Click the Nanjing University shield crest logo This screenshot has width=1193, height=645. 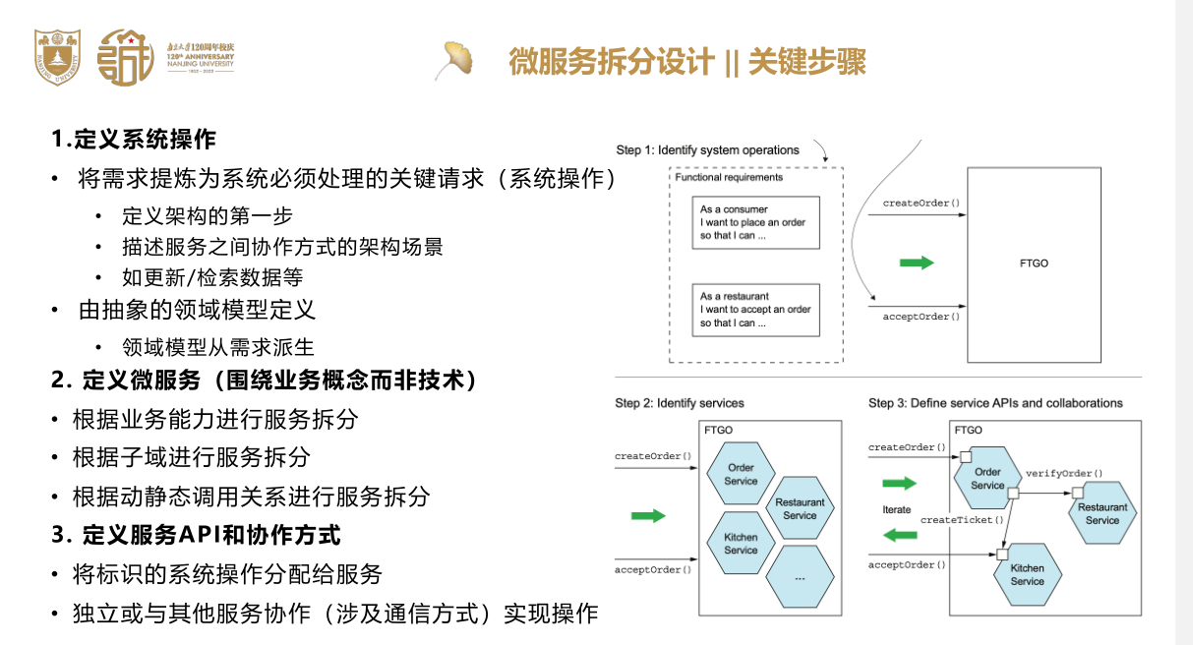[57, 57]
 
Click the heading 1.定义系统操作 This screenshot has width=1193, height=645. [134, 139]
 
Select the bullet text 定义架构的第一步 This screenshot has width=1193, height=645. [208, 215]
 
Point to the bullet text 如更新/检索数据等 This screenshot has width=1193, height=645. [212, 277]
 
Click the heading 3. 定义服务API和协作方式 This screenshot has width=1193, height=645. [196, 535]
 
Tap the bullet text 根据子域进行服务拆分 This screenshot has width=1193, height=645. [192, 457]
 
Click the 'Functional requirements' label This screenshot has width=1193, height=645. [729, 177]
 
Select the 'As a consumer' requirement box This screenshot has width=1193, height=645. [755, 222]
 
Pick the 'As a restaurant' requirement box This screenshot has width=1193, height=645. [755, 310]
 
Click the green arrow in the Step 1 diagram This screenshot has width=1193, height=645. [917, 263]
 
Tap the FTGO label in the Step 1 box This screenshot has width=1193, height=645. [1034, 264]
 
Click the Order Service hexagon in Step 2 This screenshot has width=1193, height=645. [741, 474]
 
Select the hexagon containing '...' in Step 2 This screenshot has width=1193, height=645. [800, 576]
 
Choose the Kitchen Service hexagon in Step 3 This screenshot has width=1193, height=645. [1028, 574]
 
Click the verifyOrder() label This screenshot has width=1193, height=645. [1064, 473]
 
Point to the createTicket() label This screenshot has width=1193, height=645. [962, 520]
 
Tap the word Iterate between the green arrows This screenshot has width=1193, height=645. [897, 509]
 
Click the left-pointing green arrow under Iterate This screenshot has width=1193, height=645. [900, 535]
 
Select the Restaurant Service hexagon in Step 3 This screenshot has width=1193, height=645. [1103, 513]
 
